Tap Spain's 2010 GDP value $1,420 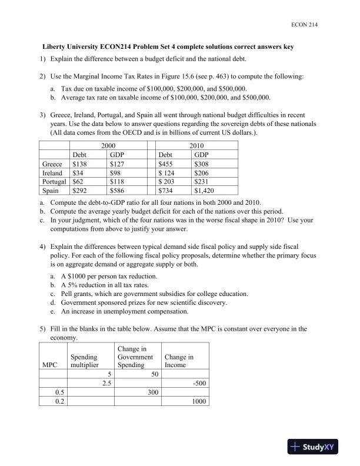[204, 191]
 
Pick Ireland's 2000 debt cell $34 [78, 173]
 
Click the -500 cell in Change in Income [196, 382]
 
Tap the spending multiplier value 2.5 [106, 382]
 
